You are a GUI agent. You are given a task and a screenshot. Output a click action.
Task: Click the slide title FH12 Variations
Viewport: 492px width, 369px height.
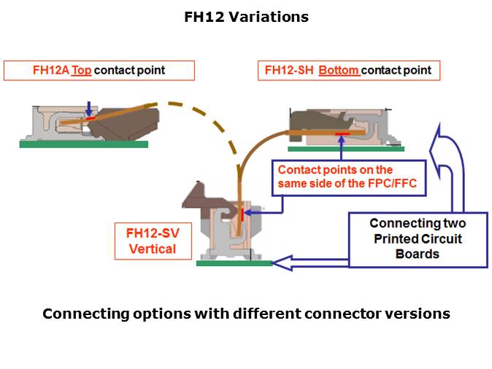(246, 17)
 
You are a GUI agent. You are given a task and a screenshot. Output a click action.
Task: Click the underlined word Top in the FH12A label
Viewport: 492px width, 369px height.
(81, 71)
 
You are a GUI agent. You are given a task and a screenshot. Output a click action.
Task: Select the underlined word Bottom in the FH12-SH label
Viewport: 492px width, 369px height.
(339, 71)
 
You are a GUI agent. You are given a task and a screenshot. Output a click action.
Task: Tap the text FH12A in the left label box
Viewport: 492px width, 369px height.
(50, 71)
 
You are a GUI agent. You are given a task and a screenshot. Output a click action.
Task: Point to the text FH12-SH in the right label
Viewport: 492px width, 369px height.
(289, 71)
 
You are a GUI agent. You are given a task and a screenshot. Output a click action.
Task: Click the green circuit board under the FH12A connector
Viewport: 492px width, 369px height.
(83, 144)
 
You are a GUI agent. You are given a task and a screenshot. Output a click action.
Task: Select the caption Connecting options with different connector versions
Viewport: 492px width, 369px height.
(246, 314)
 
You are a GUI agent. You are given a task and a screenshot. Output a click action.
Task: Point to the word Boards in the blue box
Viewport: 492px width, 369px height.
(418, 255)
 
